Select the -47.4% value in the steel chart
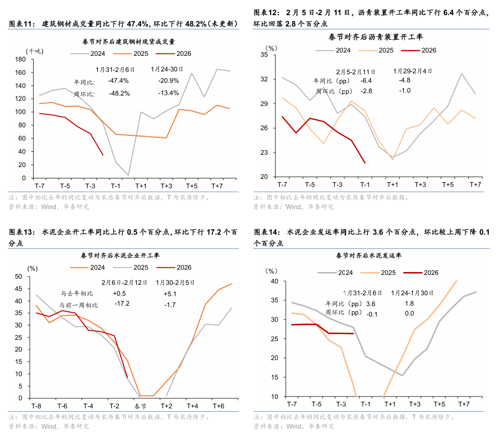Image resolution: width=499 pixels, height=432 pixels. click(x=118, y=80)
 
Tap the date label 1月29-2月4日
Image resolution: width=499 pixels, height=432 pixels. click(x=412, y=71)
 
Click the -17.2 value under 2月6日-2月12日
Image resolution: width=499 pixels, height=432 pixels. click(x=122, y=304)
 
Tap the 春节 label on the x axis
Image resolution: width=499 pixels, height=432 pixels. click(x=140, y=406)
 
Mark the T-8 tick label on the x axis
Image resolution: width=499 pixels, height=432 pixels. click(x=36, y=406)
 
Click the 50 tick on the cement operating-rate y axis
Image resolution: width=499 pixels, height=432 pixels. click(x=19, y=276)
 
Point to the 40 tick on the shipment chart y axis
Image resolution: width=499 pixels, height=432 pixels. click(x=275, y=281)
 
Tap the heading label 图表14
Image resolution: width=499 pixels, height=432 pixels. click(x=267, y=232)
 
